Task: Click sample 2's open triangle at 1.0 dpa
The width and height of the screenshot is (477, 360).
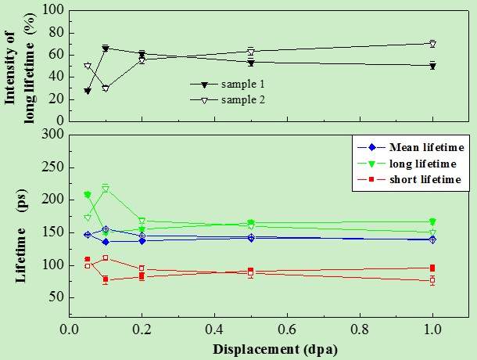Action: coord(432,44)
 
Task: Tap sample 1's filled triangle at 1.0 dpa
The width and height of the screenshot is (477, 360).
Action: coord(432,66)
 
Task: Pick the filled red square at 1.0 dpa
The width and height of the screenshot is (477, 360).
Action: coord(432,268)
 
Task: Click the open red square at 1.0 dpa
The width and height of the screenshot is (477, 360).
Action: coord(432,280)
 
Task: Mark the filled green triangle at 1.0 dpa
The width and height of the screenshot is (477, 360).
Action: coord(432,222)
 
